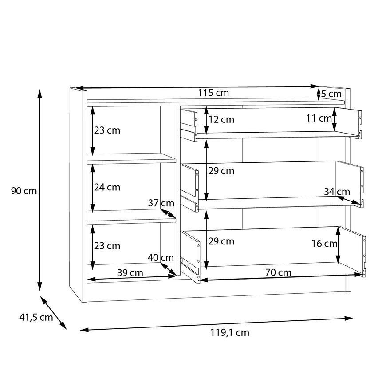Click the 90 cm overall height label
(x=24, y=191)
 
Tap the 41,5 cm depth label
(x=36, y=318)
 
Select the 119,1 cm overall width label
(x=230, y=333)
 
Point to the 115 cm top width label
(x=213, y=93)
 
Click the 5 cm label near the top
(x=331, y=94)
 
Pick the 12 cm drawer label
(x=221, y=120)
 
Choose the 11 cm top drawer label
(x=319, y=118)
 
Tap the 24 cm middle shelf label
(x=107, y=187)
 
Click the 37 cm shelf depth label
(x=161, y=203)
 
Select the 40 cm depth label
(x=161, y=258)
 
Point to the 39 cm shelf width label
(x=130, y=273)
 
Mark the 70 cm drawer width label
(x=278, y=272)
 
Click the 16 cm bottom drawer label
(x=324, y=244)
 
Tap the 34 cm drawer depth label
(x=337, y=192)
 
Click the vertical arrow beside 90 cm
(x=39, y=190)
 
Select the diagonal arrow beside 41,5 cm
(x=53, y=313)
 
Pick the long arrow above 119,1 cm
(x=217, y=324)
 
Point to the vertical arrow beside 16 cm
(x=338, y=245)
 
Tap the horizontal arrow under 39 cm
(x=132, y=278)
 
